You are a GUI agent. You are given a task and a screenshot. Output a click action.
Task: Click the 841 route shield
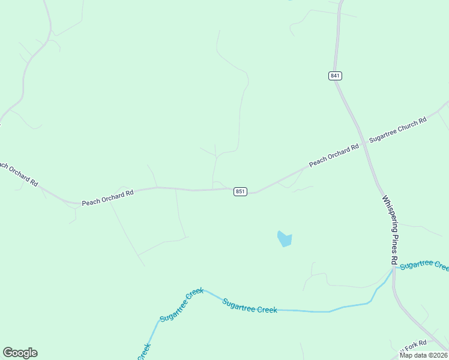[x=335, y=76]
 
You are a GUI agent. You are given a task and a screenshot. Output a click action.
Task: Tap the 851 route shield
[x=240, y=191]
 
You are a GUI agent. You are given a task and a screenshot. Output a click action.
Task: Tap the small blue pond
[x=285, y=239]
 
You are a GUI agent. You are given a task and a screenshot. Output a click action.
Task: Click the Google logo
[x=20, y=353]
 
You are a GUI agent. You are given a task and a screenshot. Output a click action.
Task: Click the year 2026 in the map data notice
[x=439, y=355]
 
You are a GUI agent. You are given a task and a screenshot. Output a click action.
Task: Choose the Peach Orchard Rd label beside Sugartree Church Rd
[x=334, y=155]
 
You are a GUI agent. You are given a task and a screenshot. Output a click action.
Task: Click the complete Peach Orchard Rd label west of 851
[x=107, y=198]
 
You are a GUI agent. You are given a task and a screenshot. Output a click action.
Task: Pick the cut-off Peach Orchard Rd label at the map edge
[x=18, y=173]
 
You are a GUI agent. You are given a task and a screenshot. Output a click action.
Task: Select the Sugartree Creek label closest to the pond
[x=250, y=306]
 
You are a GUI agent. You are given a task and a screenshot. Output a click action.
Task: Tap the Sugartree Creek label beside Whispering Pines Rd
[x=424, y=265]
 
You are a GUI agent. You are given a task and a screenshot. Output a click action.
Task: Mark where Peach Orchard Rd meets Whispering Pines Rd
[x=364, y=145]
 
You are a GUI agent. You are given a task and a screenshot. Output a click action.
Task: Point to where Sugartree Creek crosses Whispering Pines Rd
[x=394, y=269]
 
